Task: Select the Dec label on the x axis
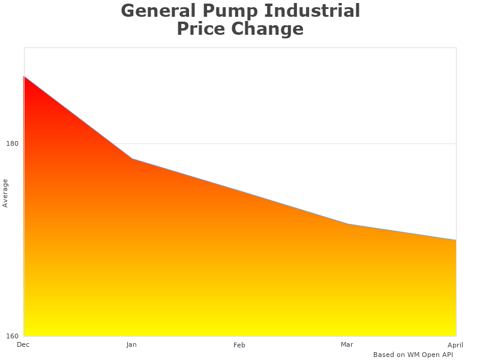(x=23, y=344)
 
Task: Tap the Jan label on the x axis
(x=131, y=344)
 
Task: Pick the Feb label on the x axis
(x=239, y=345)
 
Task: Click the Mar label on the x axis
(x=347, y=344)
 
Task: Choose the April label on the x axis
(x=455, y=345)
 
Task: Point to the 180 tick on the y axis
(x=12, y=143)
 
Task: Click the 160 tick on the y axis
(x=12, y=336)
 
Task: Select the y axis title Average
(x=5, y=193)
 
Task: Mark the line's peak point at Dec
(x=24, y=77)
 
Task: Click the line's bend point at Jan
(x=132, y=159)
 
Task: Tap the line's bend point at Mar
(x=348, y=224)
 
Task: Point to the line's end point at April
(x=456, y=240)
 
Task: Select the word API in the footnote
(x=447, y=355)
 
